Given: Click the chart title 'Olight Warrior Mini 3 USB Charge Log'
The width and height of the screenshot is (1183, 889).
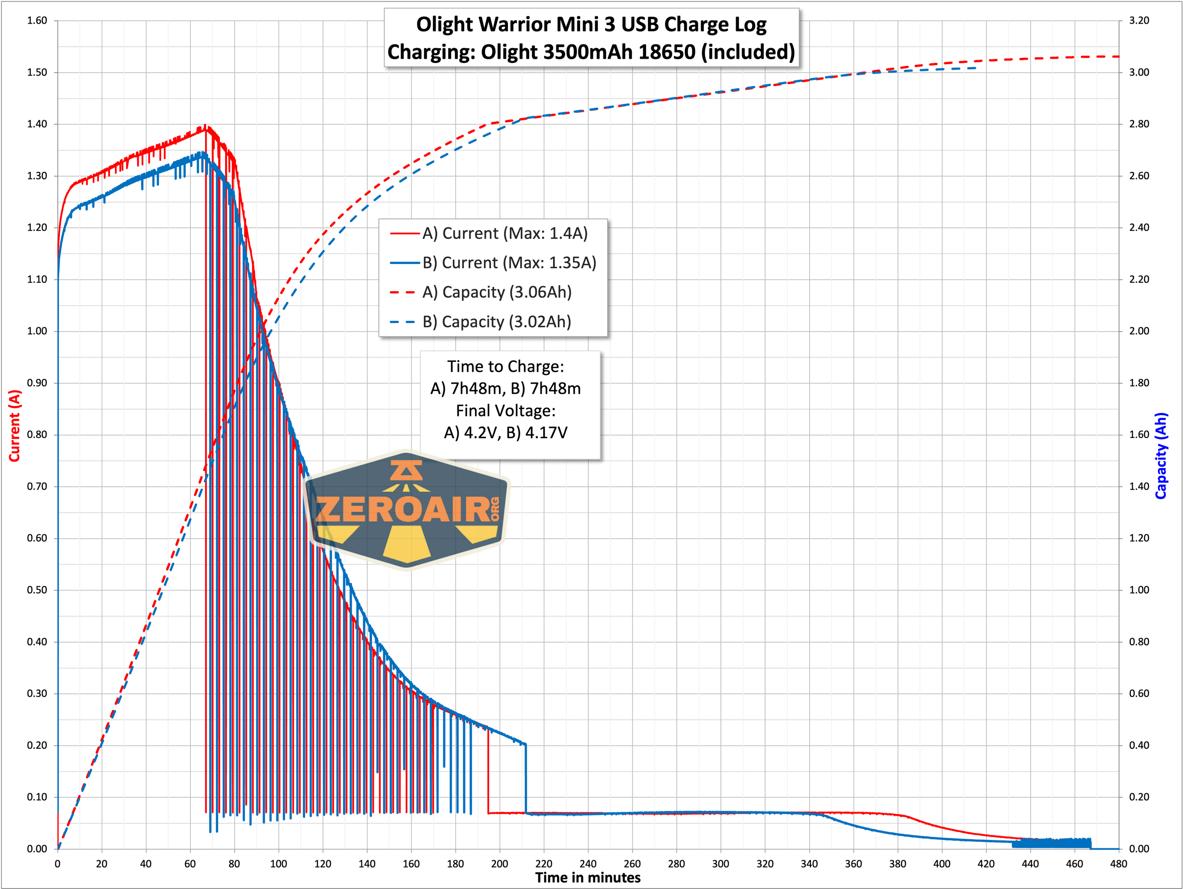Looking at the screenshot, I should (591, 25).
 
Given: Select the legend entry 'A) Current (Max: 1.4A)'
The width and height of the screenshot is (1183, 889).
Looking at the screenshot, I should (504, 233).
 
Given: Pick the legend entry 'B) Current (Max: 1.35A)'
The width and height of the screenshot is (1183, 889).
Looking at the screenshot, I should (509, 263).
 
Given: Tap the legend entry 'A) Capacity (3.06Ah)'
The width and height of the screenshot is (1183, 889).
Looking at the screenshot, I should (496, 292).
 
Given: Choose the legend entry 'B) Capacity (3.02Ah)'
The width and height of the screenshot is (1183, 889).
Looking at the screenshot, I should (496, 321).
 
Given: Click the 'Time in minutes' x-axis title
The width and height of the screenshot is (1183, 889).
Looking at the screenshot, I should (587, 878).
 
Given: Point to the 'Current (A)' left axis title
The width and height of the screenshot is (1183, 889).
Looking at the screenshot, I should (14, 425).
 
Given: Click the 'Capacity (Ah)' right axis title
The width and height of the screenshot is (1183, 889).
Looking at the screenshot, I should (1160, 455).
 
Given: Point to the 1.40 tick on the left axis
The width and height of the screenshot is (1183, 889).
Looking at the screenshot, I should (37, 124).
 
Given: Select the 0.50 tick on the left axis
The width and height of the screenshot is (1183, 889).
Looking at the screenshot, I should (37, 590).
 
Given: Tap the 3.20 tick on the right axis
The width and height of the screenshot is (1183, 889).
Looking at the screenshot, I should (1139, 20).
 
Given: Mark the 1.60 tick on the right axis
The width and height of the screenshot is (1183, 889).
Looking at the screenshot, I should (1139, 435).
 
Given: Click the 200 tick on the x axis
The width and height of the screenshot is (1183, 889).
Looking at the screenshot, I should (500, 864).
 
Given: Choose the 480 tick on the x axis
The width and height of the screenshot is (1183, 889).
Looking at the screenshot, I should (1118, 864).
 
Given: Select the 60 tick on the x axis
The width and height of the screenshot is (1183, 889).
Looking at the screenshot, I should (190, 864).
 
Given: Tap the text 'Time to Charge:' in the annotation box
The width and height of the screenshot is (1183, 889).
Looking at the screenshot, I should (506, 367).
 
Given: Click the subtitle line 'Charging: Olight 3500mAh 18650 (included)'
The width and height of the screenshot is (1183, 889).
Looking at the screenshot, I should (591, 52).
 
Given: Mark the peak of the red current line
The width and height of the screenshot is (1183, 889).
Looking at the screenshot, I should (205, 126).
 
